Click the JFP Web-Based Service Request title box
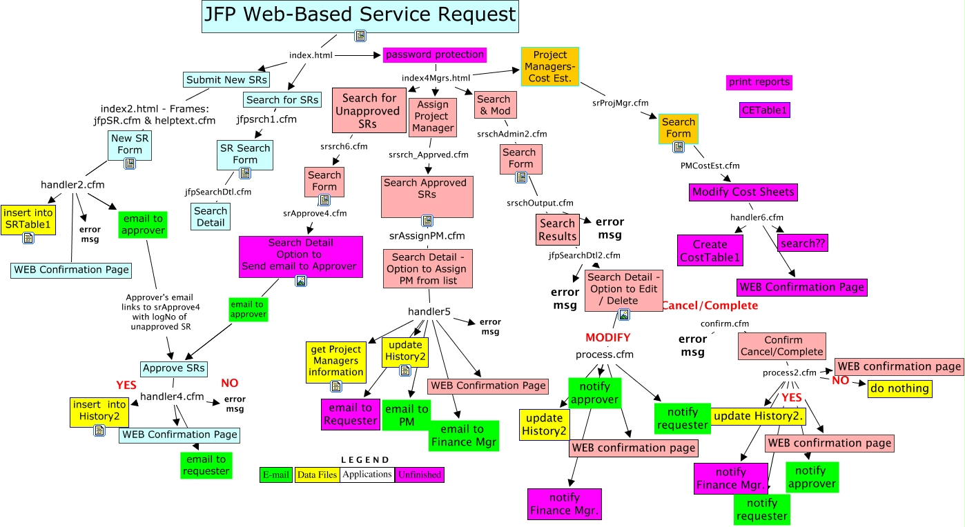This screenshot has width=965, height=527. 360,15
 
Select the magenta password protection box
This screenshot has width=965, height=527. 435,55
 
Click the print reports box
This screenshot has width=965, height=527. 759,82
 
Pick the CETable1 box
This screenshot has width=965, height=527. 764,110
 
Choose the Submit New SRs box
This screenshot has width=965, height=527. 227,80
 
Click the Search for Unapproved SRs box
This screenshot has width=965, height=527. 369,110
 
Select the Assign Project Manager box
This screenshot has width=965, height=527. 433,116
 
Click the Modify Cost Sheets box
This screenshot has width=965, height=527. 743,192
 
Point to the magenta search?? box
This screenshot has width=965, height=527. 801,243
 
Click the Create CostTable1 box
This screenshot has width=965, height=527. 710,250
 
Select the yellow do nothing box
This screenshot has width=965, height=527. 899,388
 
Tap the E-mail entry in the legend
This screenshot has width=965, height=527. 276,475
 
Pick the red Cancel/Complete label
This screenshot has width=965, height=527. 710,306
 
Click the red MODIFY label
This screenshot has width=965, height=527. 607,337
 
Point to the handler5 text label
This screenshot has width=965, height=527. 429,312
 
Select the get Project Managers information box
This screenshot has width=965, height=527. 335,361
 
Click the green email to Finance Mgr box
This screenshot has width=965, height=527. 458,435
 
